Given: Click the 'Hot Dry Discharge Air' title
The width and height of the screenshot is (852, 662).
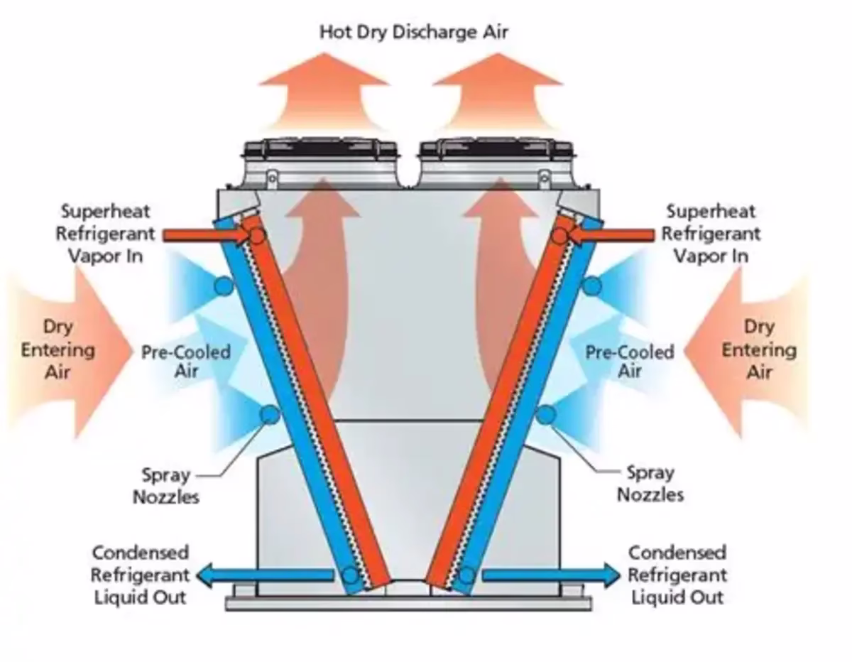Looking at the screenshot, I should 413,32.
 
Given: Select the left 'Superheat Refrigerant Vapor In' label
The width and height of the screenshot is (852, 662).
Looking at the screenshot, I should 105,234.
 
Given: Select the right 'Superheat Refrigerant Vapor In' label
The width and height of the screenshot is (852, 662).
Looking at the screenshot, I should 711,234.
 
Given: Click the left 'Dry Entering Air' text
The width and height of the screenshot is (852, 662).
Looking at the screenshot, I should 57,349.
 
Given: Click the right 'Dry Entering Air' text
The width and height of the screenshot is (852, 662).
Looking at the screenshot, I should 759,349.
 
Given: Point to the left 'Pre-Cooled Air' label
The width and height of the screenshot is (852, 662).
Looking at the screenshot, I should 185,361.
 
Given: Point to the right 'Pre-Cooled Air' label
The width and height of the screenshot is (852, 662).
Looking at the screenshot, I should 630,361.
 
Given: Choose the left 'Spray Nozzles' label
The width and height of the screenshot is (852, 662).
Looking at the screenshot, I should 166,484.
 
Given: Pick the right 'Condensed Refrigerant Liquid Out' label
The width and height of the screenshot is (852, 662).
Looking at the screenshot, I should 677,574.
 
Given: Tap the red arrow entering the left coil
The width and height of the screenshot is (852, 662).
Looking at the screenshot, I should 202,234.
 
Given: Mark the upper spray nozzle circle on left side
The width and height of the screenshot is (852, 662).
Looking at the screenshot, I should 224,286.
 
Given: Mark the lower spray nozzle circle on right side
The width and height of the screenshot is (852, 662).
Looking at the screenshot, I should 545,414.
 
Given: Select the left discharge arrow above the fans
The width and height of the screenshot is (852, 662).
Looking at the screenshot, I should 324,92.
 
